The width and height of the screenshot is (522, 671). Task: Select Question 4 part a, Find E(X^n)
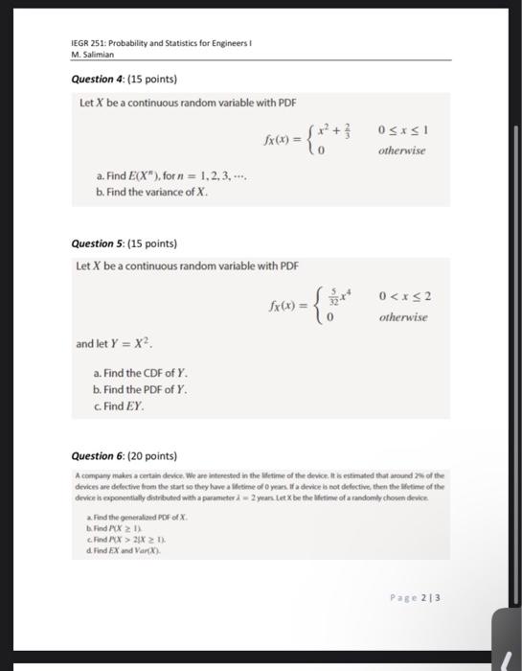[x=157, y=177]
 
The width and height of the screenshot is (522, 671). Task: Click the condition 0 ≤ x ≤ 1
[x=401, y=130]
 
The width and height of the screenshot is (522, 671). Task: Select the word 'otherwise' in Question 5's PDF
[x=402, y=317]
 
